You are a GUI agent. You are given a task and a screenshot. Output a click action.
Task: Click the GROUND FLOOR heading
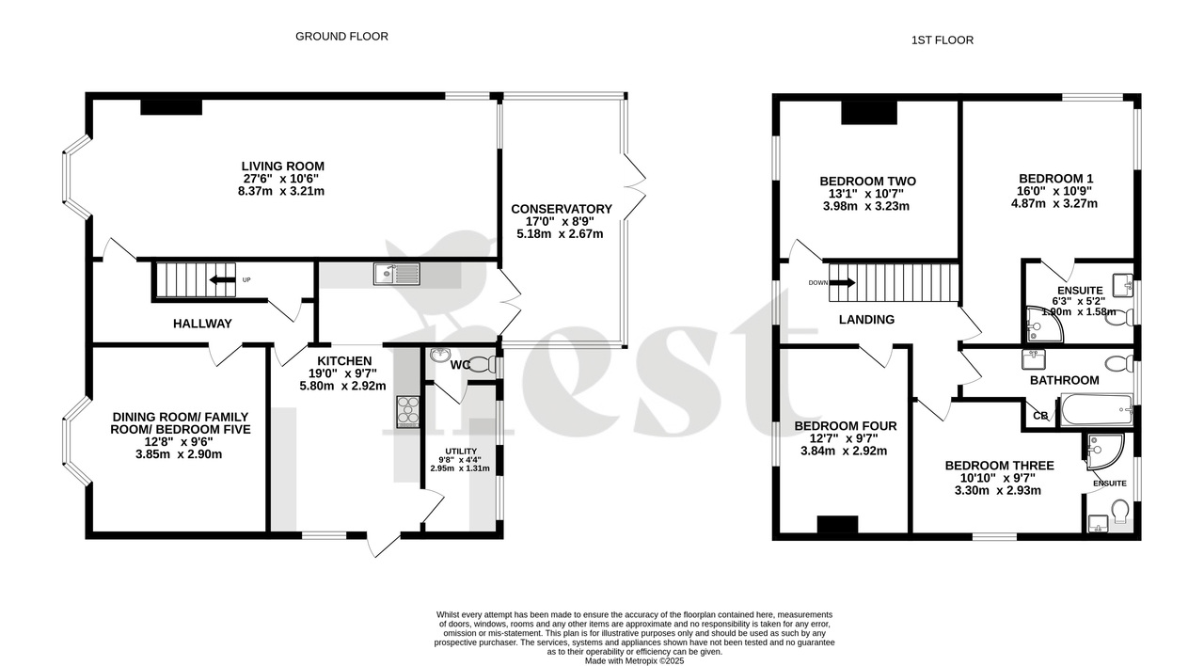pos(341,37)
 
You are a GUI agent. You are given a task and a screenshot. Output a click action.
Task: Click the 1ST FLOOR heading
pos(942,40)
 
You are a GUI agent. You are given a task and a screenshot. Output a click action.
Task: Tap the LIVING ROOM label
pos(283,166)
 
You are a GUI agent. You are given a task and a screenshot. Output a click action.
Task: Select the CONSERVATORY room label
pos(561,209)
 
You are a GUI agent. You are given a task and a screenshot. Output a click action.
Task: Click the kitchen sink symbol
pos(395,274)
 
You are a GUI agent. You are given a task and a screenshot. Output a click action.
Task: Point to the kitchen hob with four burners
pos(409,411)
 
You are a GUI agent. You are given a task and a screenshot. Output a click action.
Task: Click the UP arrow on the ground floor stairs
pos(223,279)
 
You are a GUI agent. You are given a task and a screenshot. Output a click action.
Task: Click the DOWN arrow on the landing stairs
pos(842,282)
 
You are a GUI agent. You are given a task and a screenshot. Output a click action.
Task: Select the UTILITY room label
pos(460,452)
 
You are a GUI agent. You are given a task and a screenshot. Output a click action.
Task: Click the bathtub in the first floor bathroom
pos(1095,409)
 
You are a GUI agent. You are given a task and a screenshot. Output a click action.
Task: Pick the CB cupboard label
pos(1040,416)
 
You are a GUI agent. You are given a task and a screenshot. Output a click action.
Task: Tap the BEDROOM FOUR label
pos(841,426)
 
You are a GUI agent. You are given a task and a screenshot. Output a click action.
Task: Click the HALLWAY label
pos(202,324)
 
